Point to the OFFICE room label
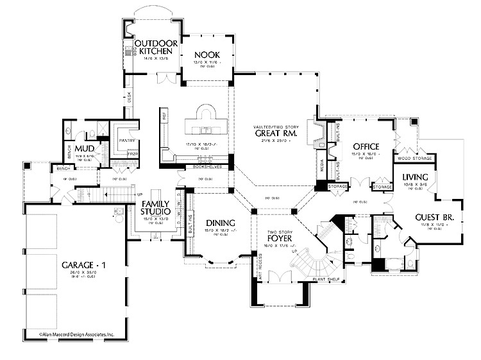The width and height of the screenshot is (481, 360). click(x=366, y=147)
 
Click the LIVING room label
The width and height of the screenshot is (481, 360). click(x=415, y=176)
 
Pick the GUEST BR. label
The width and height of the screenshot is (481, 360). click(x=434, y=218)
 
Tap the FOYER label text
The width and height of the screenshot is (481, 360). click(x=280, y=237)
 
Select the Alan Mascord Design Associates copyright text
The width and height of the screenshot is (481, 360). click(x=76, y=334)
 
